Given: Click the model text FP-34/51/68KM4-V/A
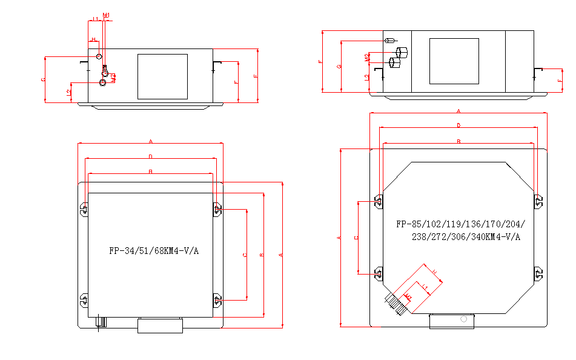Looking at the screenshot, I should pos(154,250).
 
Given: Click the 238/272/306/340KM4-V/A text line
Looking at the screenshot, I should pos(466,236).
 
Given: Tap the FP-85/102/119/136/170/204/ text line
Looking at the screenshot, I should pos(460,224).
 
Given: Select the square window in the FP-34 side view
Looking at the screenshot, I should pos(162,76).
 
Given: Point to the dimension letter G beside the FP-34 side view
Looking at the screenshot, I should pos(42,80).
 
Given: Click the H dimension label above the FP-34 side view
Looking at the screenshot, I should pos(94,39).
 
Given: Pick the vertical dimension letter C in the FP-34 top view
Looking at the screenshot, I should pos(245,255).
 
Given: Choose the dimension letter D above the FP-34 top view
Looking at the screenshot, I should pos(150,156).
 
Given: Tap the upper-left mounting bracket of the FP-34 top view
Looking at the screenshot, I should pos(84,210).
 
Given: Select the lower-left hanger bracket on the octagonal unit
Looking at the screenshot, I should pos(378,273).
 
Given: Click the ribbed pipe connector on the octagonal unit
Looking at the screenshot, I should pos(396,303).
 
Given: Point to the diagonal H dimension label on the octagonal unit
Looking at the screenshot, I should pos(434,271).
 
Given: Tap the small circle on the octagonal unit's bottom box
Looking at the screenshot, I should pos(464,318).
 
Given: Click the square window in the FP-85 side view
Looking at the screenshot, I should pos(454,61).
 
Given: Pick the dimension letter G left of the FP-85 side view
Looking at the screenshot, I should pos(339,66).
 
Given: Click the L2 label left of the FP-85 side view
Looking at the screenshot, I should pos(366,78).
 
